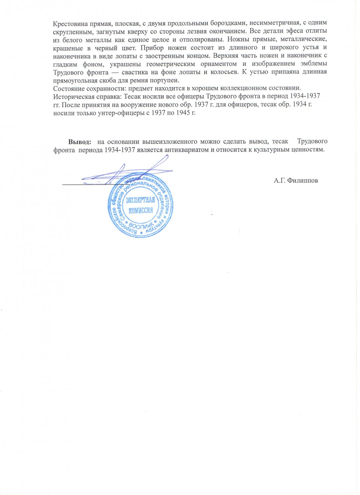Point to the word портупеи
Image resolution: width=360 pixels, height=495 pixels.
tap(164, 80)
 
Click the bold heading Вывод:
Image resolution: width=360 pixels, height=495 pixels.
tap(80, 142)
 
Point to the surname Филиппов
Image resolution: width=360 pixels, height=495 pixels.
tap(303, 181)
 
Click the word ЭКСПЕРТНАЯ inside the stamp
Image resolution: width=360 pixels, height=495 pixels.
tap(140, 200)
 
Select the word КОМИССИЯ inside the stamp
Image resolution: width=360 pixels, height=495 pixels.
tap(141, 211)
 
